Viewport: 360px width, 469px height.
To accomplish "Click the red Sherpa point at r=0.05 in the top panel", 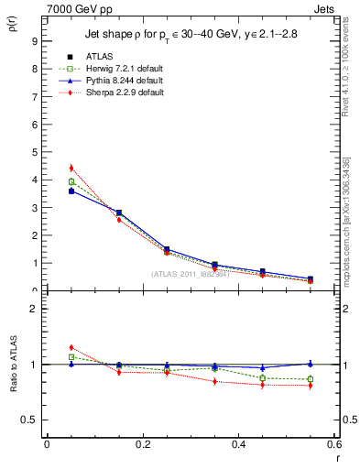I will pos(71,168).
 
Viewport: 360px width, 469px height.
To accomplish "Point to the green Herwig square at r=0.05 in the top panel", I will pos(71,181).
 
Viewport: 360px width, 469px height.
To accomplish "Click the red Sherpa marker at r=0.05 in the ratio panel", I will pos(71,347).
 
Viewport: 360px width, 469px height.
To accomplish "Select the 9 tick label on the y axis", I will pos(33,41).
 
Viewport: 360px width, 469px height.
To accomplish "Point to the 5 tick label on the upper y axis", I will pos(33,152).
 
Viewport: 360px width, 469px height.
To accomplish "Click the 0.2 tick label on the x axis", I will pos(142,444).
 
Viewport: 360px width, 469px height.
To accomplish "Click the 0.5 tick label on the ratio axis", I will pos(29,420).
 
